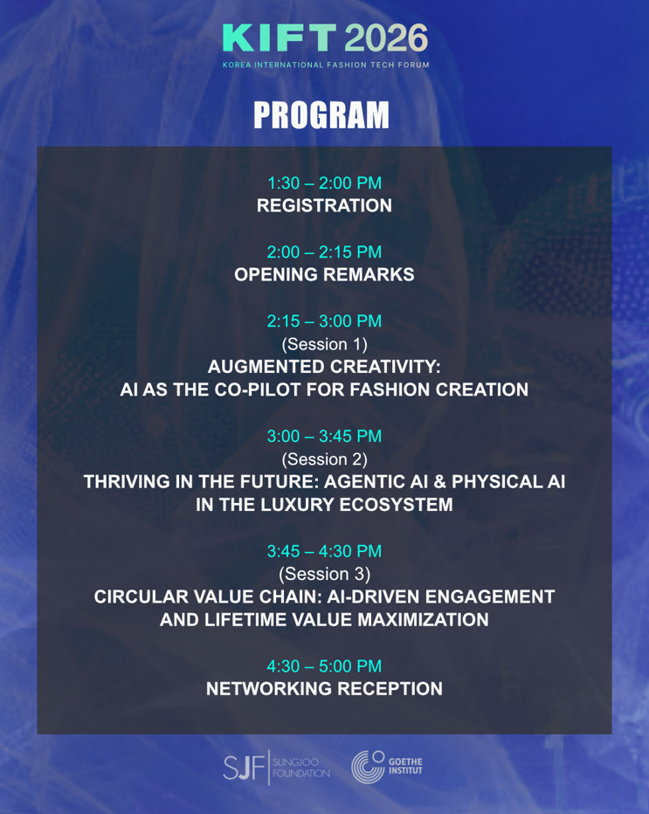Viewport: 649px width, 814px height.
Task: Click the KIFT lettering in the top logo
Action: (x=280, y=38)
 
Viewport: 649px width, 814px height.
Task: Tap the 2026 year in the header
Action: (x=386, y=38)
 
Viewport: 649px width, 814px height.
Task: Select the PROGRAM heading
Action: (x=321, y=114)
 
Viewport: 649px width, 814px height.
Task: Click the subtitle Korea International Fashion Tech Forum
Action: (x=326, y=65)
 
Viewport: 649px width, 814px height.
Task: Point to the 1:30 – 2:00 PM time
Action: (x=325, y=183)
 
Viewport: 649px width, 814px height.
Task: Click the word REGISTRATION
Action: (x=325, y=205)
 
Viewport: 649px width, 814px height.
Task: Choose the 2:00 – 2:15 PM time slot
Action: (x=325, y=252)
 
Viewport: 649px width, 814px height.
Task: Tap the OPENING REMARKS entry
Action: (x=325, y=274)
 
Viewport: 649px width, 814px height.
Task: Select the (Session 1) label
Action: (x=325, y=344)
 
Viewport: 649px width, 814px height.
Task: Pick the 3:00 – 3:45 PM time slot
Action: (x=325, y=436)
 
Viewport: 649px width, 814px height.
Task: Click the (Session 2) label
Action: (x=325, y=459)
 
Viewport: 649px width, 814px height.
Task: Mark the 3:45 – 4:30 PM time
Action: (x=325, y=551)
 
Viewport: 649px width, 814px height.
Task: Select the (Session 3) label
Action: (x=325, y=574)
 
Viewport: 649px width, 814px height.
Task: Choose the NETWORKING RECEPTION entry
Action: (x=325, y=689)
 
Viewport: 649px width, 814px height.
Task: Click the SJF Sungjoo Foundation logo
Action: (x=277, y=768)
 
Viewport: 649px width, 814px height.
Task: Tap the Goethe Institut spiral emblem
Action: (x=368, y=767)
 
